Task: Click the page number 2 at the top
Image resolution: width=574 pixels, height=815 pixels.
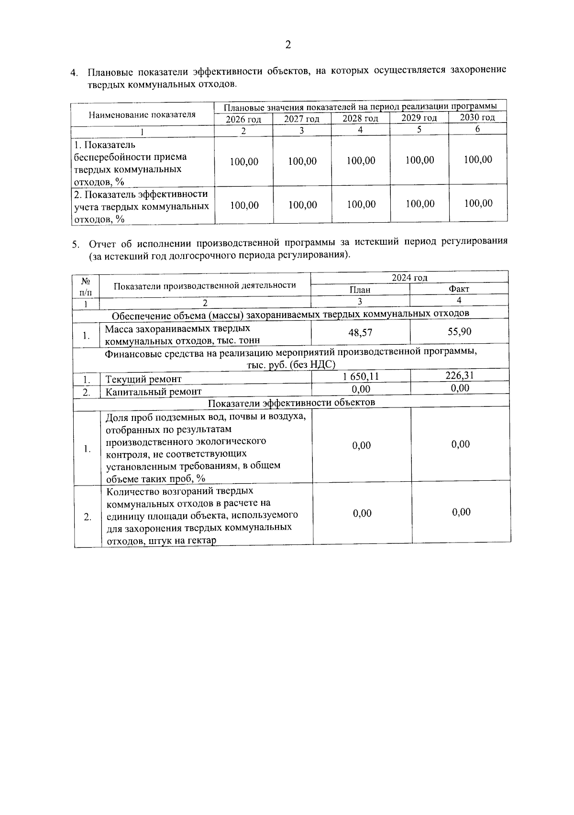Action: pos(288,45)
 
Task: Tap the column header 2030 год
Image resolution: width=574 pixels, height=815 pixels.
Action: pos(477,117)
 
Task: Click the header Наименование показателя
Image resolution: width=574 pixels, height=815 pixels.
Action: pos(142,114)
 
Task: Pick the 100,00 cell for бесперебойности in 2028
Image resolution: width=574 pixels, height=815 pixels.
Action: pos(361,160)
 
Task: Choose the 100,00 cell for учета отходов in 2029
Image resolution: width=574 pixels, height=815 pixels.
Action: pos(420,204)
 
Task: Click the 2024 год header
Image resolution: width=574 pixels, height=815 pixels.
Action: pos(409,278)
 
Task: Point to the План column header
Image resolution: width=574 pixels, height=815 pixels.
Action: pos(360,289)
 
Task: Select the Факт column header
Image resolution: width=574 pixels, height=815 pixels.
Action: pos(459,289)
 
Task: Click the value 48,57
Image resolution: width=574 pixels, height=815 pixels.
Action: pos(360,332)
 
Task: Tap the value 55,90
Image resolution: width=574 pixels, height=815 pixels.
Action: pos(459,331)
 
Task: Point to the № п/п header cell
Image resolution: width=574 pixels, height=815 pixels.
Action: pos(86,286)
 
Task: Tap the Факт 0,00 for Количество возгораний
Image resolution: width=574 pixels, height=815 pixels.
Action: pos(461,512)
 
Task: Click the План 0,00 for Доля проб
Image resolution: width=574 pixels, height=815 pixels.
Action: pos(362,445)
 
